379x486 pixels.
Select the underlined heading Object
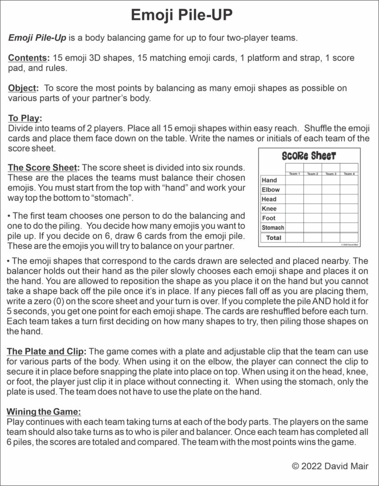click(23, 88)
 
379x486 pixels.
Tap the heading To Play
click(25, 118)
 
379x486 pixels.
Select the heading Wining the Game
click(44, 411)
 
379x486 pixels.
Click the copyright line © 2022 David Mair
click(330, 466)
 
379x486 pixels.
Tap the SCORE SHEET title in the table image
click(308, 156)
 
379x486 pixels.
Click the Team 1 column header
click(294, 174)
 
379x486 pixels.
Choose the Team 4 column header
click(349, 174)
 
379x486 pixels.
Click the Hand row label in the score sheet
click(270, 180)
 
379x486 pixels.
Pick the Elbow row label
click(271, 190)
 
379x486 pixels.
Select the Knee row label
click(270, 209)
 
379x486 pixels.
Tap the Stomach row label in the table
click(273, 228)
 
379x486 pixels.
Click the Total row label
click(273, 238)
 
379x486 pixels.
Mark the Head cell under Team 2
click(312, 199)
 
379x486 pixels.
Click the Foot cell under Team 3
click(331, 218)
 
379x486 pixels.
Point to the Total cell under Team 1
click(294, 238)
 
